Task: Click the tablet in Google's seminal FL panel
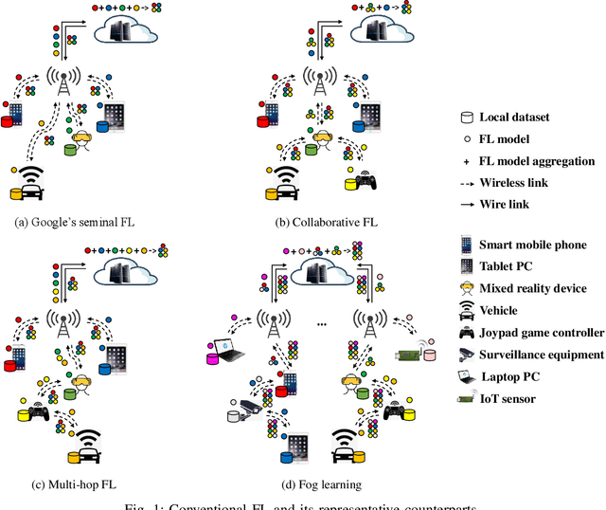tap(115, 117)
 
